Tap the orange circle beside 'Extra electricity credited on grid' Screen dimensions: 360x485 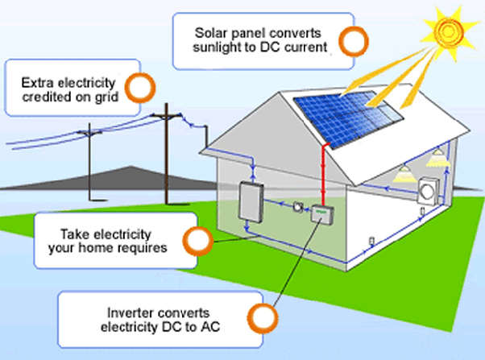pyautogui.click(x=142, y=86)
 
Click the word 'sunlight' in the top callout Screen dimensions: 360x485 pyautogui.click(x=216, y=47)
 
